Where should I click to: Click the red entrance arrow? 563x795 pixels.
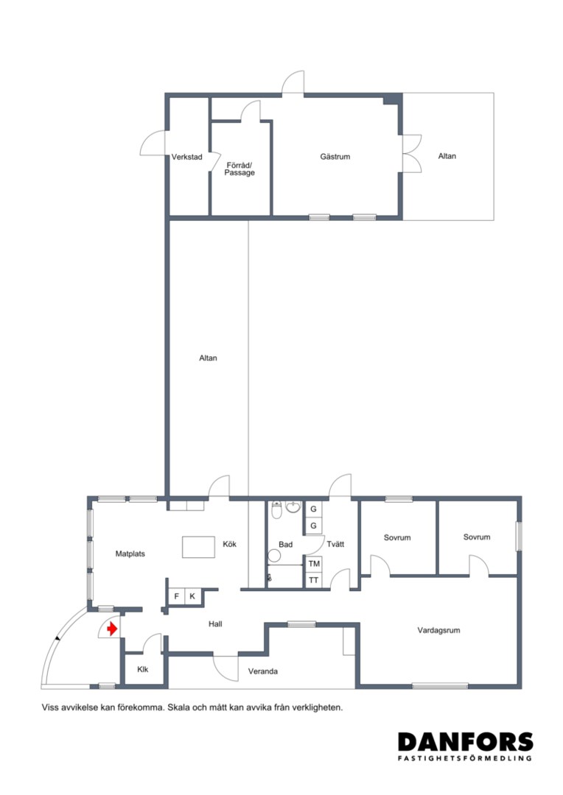(112, 629)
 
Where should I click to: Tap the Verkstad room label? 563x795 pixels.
(187, 158)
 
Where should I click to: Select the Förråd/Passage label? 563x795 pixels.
(239, 169)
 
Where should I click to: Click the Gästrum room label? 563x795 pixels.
(335, 157)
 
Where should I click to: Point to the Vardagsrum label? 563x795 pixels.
(438, 630)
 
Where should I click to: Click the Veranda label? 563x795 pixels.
(263, 671)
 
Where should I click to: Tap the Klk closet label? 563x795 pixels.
(143, 669)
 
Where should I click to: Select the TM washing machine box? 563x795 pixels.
(314, 564)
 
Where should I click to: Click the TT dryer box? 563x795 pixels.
(314, 580)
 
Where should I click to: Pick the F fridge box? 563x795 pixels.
(177, 596)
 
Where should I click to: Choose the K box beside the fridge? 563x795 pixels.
(192, 596)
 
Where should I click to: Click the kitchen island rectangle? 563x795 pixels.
(198, 548)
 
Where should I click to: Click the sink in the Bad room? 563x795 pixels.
(293, 506)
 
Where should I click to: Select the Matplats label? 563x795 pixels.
(130, 554)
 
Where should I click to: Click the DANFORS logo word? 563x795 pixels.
(466, 742)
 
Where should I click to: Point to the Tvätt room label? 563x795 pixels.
(335, 544)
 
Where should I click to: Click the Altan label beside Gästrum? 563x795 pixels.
(447, 156)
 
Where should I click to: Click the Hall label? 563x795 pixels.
(215, 624)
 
